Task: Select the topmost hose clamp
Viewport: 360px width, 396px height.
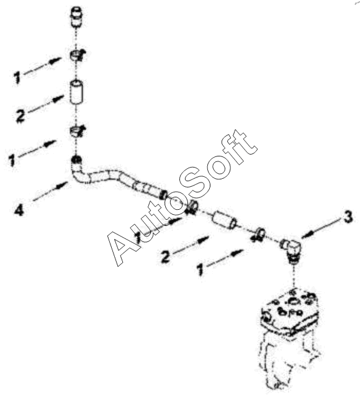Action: [x=78, y=56]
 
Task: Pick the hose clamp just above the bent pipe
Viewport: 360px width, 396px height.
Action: [x=78, y=132]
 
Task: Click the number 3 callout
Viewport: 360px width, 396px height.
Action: [x=348, y=217]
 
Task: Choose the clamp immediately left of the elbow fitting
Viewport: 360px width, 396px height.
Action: [x=258, y=234]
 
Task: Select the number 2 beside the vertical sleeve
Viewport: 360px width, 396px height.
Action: [x=20, y=117]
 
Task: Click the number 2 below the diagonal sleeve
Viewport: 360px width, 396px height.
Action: [x=166, y=256]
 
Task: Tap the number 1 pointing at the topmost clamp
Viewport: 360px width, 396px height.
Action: [x=17, y=77]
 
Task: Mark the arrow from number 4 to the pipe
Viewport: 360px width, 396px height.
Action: [x=50, y=191]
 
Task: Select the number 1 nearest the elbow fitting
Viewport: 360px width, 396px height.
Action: [x=200, y=269]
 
